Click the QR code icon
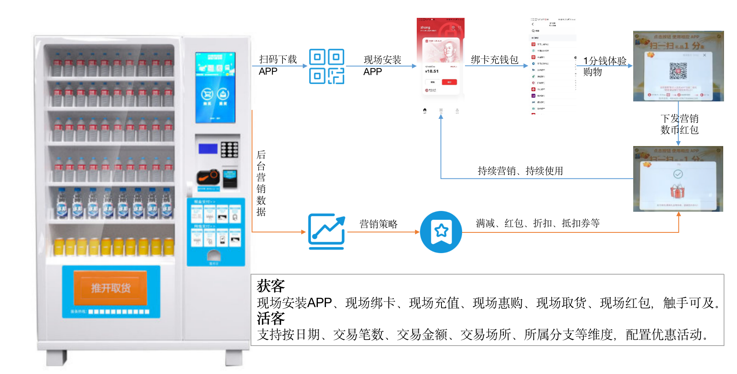tap(326, 66)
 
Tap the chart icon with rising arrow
tap(326, 231)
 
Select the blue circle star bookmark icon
tap(441, 232)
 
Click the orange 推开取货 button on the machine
tap(110, 288)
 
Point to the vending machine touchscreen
tap(215, 88)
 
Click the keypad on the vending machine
tap(229, 149)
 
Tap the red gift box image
tap(677, 191)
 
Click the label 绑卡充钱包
tap(495, 60)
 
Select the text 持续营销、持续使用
tap(520, 171)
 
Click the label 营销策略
tap(378, 224)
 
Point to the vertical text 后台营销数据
tap(261, 183)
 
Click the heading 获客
tap(270, 286)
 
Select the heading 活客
tap(270, 318)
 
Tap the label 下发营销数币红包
tap(679, 124)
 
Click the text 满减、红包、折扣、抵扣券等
tap(538, 223)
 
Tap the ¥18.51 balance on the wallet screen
tap(432, 71)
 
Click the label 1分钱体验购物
tap(604, 66)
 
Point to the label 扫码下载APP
tap(278, 65)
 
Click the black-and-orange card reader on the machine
tap(208, 177)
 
